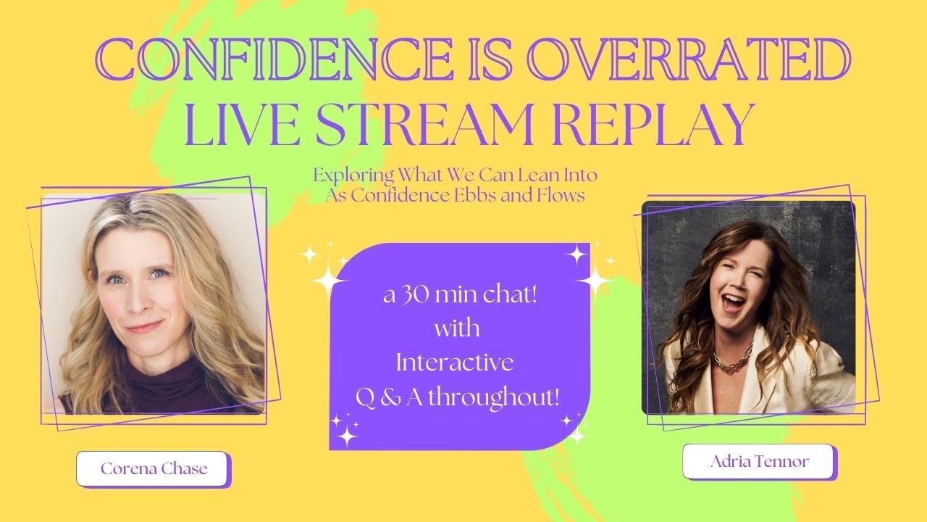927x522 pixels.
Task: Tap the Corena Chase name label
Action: (x=154, y=468)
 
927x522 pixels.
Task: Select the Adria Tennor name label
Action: (x=759, y=462)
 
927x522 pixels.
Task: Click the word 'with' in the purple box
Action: (x=457, y=330)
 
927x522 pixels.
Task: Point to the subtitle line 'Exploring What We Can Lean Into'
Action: (x=456, y=175)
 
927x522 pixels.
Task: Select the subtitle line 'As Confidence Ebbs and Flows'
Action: (x=456, y=196)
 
